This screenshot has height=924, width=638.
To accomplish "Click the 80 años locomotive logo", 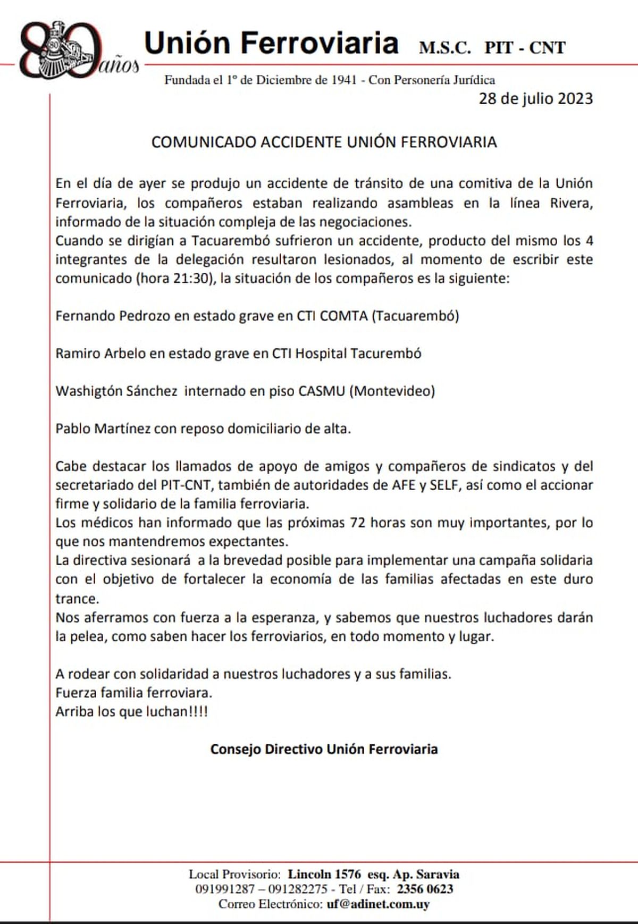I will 74,49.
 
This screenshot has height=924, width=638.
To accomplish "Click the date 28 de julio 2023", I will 535,99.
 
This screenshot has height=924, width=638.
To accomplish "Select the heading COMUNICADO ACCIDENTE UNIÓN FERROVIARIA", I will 324,142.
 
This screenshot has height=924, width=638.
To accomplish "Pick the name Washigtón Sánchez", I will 116,391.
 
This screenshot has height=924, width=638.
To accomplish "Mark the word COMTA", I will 343,316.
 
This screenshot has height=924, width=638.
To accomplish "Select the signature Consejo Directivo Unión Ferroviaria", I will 324,749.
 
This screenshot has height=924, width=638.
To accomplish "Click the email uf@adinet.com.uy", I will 378,904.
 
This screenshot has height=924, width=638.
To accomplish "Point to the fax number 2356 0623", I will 425,889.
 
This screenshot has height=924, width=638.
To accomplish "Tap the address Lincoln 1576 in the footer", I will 324,874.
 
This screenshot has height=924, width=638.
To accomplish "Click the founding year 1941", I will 344,80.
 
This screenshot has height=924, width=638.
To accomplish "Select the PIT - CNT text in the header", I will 524,48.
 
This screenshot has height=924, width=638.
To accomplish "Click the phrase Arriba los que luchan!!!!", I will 131,711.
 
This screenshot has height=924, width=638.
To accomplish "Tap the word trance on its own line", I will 77,599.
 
